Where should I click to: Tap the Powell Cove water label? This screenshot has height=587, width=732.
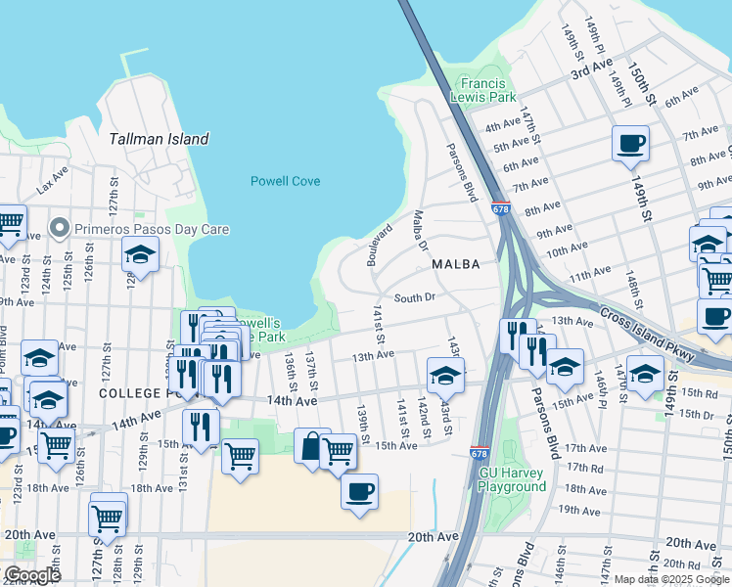286,181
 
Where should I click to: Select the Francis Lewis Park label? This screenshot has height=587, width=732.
482,91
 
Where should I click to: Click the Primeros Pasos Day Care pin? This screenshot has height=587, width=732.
60,229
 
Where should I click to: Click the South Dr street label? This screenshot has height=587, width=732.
413,297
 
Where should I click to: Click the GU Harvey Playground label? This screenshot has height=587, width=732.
512,479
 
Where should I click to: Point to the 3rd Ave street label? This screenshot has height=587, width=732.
591,71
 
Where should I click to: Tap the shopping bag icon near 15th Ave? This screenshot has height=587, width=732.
311,446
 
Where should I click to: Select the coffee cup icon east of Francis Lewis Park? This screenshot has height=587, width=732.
630,144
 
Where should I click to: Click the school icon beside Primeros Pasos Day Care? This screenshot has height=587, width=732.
140,254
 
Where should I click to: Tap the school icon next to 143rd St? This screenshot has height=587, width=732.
445,373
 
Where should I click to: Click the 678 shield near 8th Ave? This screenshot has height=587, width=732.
500,208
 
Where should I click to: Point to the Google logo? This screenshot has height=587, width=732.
31,575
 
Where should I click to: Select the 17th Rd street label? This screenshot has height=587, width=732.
585,469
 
